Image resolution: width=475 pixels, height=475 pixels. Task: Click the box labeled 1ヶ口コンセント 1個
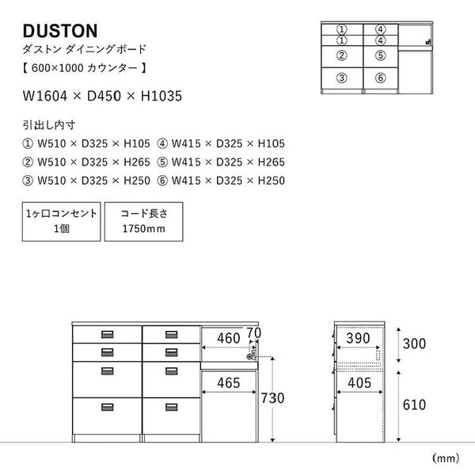[x=62, y=221]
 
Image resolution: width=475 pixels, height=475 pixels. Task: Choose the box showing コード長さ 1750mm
[x=143, y=221]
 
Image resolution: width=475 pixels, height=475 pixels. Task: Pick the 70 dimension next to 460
[x=253, y=332]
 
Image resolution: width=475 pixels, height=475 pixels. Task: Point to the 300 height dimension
[x=414, y=345]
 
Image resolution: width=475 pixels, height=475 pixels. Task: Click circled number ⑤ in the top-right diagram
[x=380, y=55]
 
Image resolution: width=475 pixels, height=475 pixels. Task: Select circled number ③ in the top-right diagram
[x=342, y=78]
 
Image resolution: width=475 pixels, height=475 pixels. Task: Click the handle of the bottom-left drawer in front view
[x=105, y=408]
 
